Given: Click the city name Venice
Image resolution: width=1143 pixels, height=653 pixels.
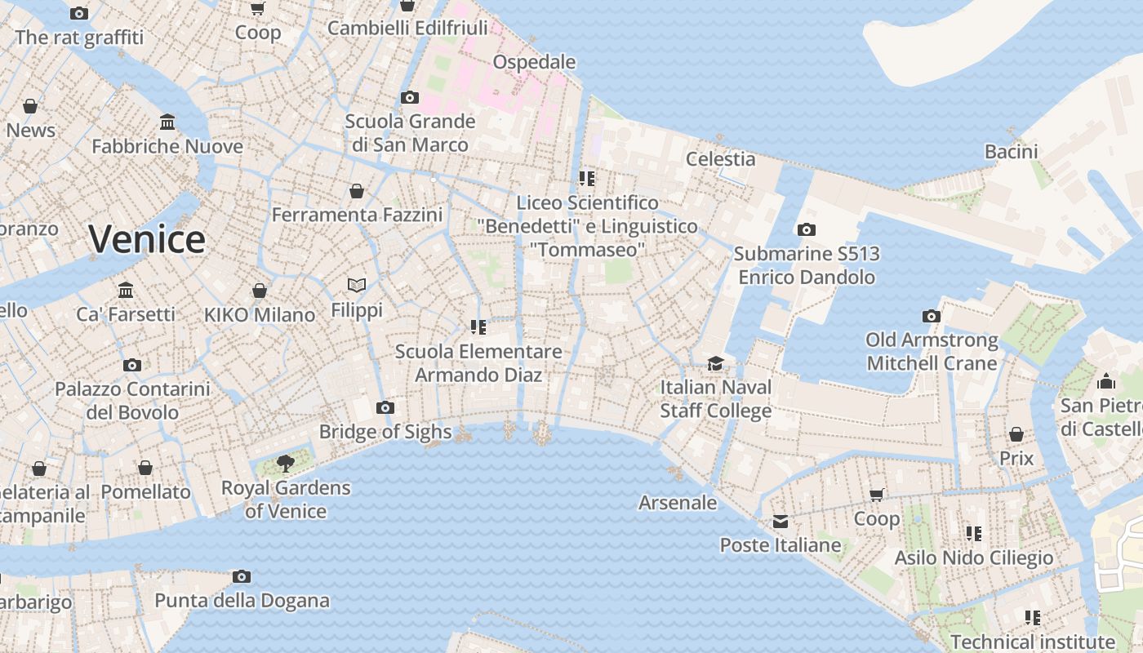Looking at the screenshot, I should click(x=147, y=239).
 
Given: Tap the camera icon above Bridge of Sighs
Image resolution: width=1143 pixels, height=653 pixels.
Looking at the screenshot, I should click(x=385, y=407).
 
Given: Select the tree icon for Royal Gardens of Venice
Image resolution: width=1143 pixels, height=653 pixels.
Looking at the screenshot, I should click(x=286, y=464).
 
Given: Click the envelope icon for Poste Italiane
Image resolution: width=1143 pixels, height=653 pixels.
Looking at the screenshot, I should click(x=781, y=521).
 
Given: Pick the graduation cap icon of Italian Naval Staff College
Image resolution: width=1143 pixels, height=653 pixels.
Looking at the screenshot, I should click(x=715, y=363).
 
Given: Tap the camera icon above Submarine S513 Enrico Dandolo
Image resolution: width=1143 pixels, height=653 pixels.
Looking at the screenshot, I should click(x=807, y=230).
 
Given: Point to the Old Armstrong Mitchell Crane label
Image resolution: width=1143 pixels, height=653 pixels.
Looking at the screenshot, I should click(x=932, y=351).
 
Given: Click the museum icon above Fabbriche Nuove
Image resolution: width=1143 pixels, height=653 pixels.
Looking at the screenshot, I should click(x=167, y=122).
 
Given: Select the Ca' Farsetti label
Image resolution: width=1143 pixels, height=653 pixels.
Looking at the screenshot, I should click(x=126, y=314).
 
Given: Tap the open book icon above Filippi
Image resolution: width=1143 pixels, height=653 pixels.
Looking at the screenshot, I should click(x=357, y=285).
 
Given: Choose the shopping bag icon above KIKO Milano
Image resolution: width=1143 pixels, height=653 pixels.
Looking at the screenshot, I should click(x=260, y=291).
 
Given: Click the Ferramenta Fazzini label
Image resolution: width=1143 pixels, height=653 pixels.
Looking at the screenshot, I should click(x=357, y=215).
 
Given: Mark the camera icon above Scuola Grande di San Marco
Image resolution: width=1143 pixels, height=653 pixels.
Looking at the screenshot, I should click(x=410, y=97).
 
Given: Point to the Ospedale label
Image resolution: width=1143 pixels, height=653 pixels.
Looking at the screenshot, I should click(x=535, y=62).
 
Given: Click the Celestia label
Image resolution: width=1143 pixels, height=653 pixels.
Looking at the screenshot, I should click(x=720, y=158).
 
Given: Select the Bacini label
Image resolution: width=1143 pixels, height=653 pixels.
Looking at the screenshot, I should click(x=1011, y=151).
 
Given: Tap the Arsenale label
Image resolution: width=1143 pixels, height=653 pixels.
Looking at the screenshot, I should click(x=678, y=503).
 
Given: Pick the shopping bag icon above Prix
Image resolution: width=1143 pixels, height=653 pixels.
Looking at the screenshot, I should click(x=1016, y=434).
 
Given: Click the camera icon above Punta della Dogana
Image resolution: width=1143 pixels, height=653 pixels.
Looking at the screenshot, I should click(x=242, y=576).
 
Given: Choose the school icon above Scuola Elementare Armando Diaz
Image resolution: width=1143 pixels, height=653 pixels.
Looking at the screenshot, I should click(x=478, y=327).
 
